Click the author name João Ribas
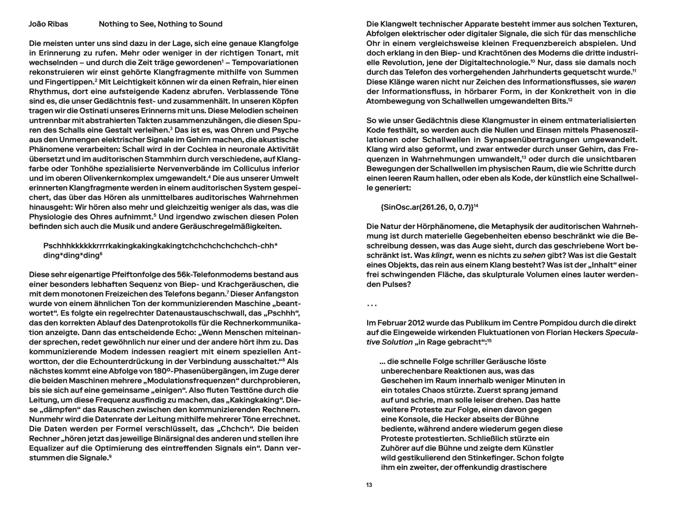coord(49,24)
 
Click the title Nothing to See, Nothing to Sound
coord(160,24)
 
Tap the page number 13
coord(369,485)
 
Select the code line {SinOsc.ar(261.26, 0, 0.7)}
coord(427,207)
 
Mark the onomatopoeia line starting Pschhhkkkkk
coord(160,246)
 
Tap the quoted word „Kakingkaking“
coord(257,400)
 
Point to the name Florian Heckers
coord(574,332)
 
